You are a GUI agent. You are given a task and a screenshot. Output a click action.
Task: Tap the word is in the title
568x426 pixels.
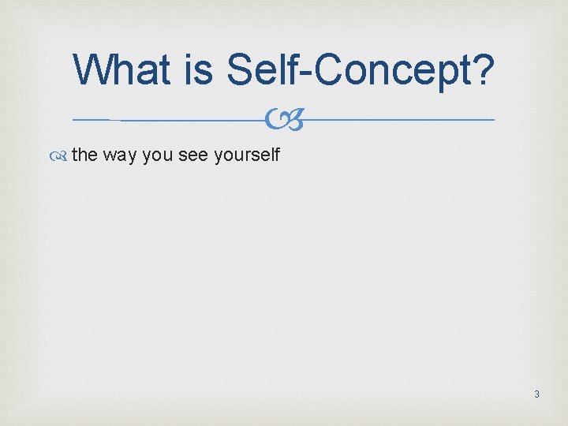pyautogui.click(x=201, y=69)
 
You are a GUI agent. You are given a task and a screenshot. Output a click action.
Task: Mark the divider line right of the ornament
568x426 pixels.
pyautogui.click(x=394, y=120)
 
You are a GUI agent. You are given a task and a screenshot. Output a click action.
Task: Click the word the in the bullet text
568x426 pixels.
pyautogui.click(x=84, y=155)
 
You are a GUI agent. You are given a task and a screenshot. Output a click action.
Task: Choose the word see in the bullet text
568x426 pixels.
pyautogui.click(x=193, y=155)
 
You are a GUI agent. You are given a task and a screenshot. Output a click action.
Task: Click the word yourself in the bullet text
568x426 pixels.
pyautogui.click(x=246, y=155)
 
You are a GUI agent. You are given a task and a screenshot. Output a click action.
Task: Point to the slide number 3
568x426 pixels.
pyautogui.click(x=536, y=394)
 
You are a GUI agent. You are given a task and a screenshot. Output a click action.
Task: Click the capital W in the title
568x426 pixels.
pyautogui.click(x=95, y=69)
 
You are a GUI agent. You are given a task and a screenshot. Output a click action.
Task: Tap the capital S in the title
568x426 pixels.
pyautogui.click(x=241, y=69)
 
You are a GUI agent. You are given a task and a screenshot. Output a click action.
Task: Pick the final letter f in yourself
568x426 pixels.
pyautogui.click(x=277, y=154)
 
